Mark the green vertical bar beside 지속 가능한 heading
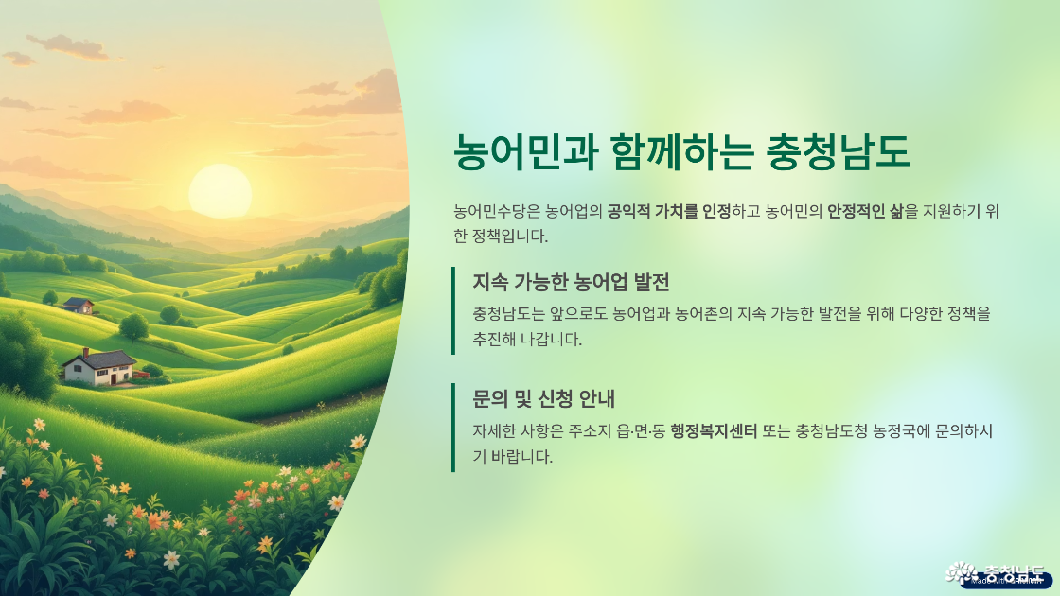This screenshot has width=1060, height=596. (x=453, y=310)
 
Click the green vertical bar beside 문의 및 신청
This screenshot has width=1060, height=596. (x=453, y=427)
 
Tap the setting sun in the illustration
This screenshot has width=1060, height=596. (x=220, y=189)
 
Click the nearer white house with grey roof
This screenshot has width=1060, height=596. (x=99, y=367)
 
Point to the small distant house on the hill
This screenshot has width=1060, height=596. (x=79, y=306)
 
